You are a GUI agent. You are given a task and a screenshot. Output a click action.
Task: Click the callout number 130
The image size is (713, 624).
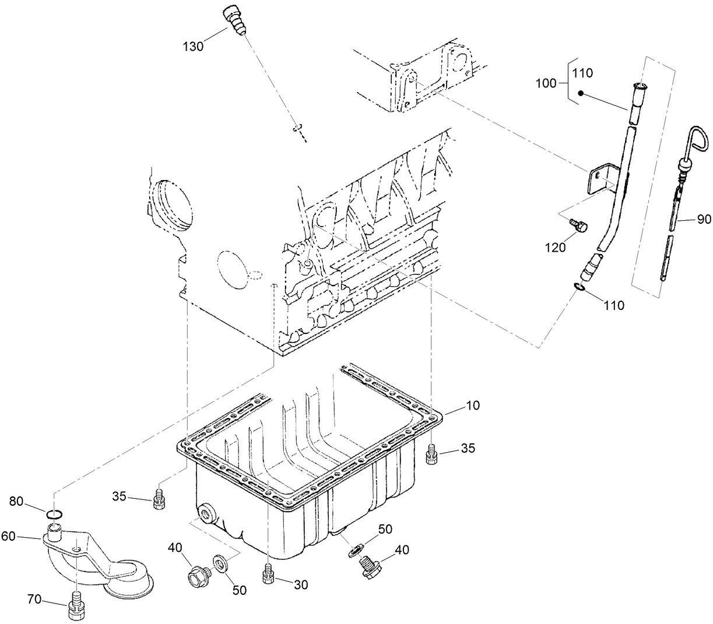(x=192, y=46)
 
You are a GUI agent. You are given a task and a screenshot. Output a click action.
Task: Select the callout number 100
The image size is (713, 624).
(x=546, y=83)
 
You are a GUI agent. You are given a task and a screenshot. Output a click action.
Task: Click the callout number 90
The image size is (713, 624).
(x=704, y=219)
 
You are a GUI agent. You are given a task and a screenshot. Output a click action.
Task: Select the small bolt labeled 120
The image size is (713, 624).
(x=579, y=225)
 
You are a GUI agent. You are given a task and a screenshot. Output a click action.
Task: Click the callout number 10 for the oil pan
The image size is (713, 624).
(x=473, y=406)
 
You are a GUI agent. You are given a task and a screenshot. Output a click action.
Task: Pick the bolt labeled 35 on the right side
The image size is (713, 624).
(x=432, y=453)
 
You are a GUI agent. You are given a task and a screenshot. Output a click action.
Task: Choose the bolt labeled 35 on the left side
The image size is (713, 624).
(x=158, y=499)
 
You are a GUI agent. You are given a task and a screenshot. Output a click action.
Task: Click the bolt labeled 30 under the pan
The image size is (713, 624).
(x=268, y=574)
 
